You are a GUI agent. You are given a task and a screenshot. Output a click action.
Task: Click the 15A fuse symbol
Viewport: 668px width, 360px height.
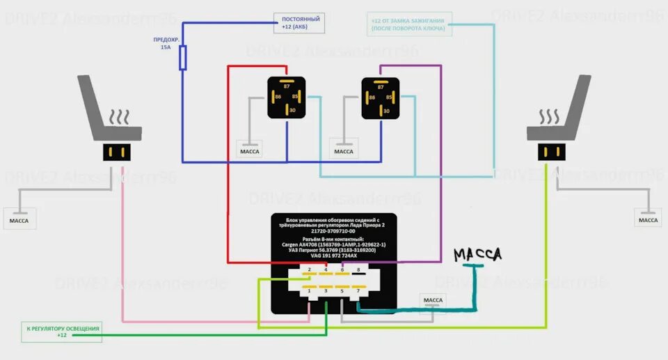[x=183, y=58]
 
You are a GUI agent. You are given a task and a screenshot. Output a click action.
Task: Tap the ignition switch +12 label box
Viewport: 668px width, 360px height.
[x=409, y=23]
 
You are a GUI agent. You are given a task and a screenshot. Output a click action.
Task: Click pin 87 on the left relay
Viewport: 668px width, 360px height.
[x=286, y=86]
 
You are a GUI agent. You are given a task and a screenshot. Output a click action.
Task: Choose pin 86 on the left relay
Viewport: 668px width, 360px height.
[x=278, y=97]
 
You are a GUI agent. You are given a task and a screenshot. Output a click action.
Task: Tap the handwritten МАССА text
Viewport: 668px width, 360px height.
[x=477, y=256]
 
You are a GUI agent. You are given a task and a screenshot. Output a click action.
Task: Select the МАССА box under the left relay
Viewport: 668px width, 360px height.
[x=250, y=151]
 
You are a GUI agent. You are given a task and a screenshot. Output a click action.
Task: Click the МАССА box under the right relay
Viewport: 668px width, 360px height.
[x=344, y=151]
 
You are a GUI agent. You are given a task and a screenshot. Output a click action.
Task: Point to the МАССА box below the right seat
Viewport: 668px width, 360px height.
[x=648, y=220]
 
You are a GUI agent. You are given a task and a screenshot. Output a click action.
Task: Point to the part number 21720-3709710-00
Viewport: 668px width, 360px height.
[x=333, y=232]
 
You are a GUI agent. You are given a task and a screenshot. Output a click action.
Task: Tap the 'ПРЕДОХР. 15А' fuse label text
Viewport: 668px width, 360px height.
[x=165, y=44]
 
